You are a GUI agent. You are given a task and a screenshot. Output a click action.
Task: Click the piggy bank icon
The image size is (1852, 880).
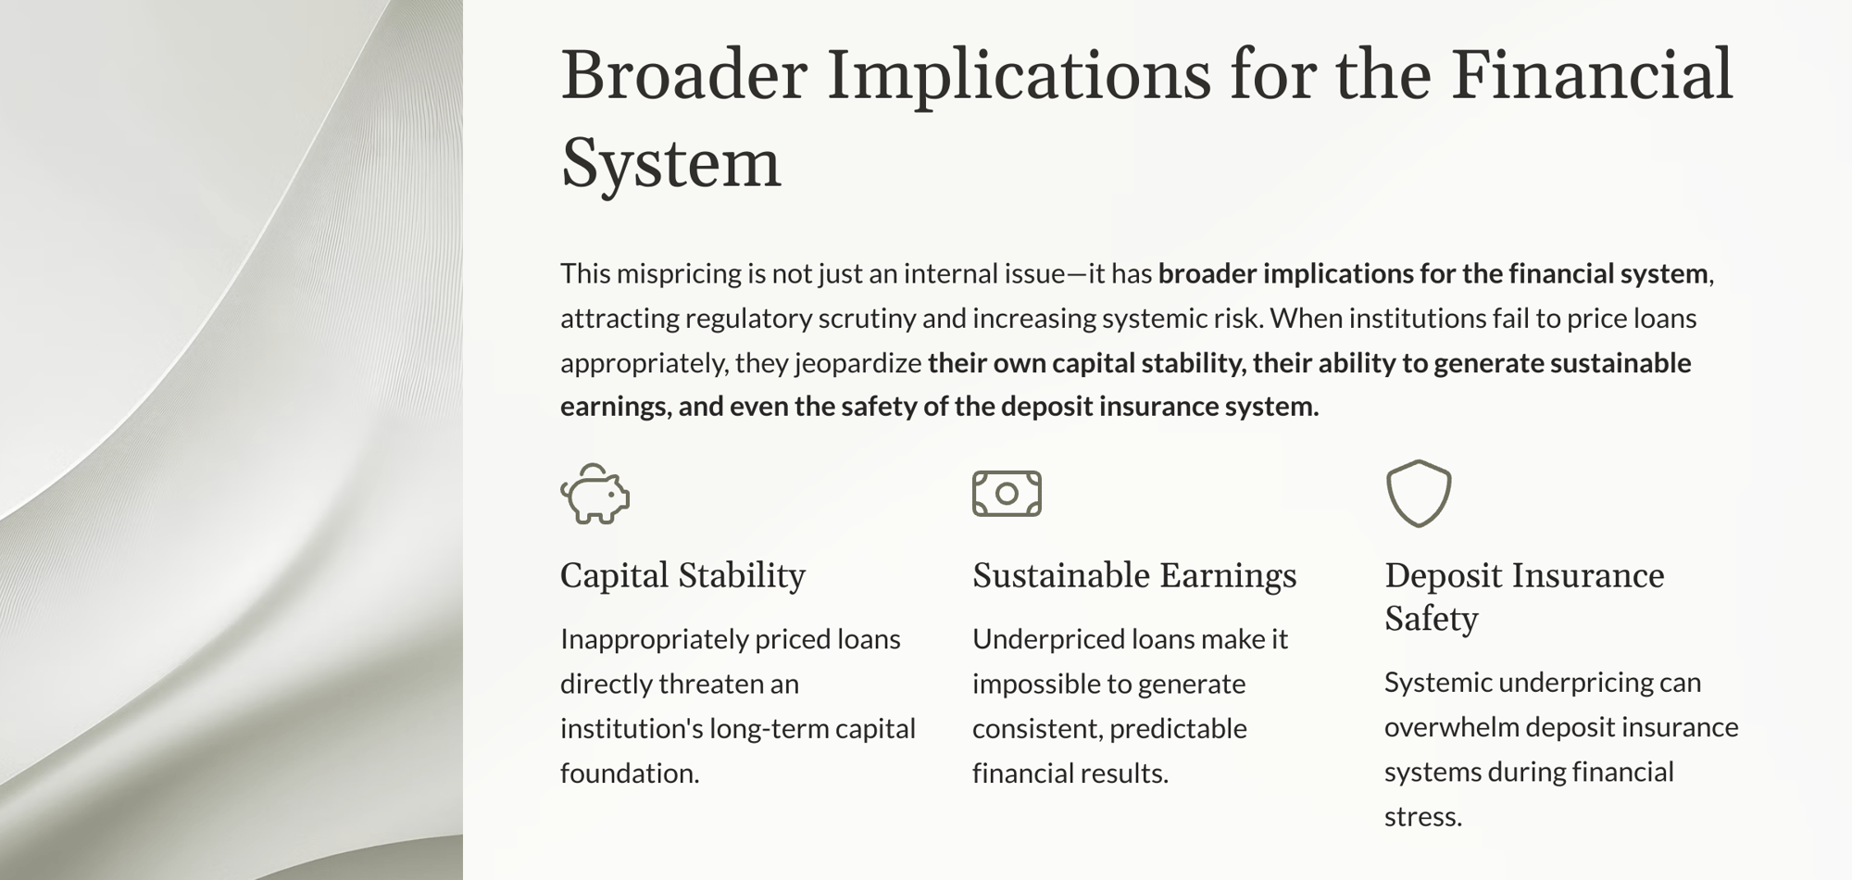pos(595,494)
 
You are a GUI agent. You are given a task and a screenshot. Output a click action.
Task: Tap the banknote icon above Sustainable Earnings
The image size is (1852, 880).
pos(1007,494)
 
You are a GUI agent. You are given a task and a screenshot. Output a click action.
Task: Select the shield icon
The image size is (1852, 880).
pos(1419,494)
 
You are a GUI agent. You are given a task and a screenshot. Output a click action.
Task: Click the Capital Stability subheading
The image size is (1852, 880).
pos(682,575)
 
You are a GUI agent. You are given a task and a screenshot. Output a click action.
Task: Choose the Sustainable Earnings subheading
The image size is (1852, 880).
pos(1134,575)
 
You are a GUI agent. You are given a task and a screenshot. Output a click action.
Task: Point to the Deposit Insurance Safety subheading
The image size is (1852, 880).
pos(1524,597)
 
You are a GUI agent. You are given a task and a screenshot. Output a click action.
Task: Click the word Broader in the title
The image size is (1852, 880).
pos(684,74)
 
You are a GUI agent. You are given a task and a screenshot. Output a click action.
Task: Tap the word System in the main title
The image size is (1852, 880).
pos(671,163)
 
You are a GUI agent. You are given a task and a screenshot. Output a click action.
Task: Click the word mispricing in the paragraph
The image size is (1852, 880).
pos(676,274)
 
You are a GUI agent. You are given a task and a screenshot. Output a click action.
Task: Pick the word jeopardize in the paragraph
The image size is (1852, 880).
pos(857,363)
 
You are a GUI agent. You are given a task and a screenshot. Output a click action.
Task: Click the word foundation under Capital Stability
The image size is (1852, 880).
pos(630,773)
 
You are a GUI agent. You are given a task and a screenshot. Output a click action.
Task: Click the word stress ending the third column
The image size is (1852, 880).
pos(1423,817)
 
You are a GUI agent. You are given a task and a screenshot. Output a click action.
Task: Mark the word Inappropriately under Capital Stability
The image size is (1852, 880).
pos(654,640)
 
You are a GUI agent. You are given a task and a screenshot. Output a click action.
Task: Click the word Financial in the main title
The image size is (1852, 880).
pos(1592,74)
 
